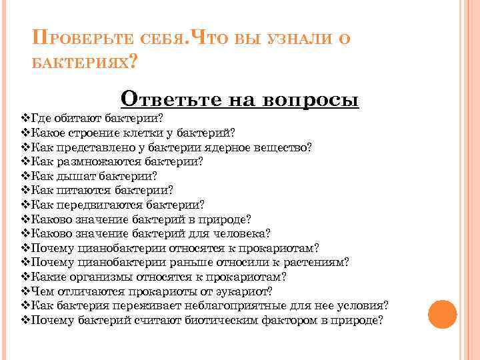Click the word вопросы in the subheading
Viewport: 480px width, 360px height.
point(312,99)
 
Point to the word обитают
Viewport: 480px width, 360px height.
point(77,118)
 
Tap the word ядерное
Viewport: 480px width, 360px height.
point(227,147)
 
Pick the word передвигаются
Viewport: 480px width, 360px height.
point(97,205)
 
